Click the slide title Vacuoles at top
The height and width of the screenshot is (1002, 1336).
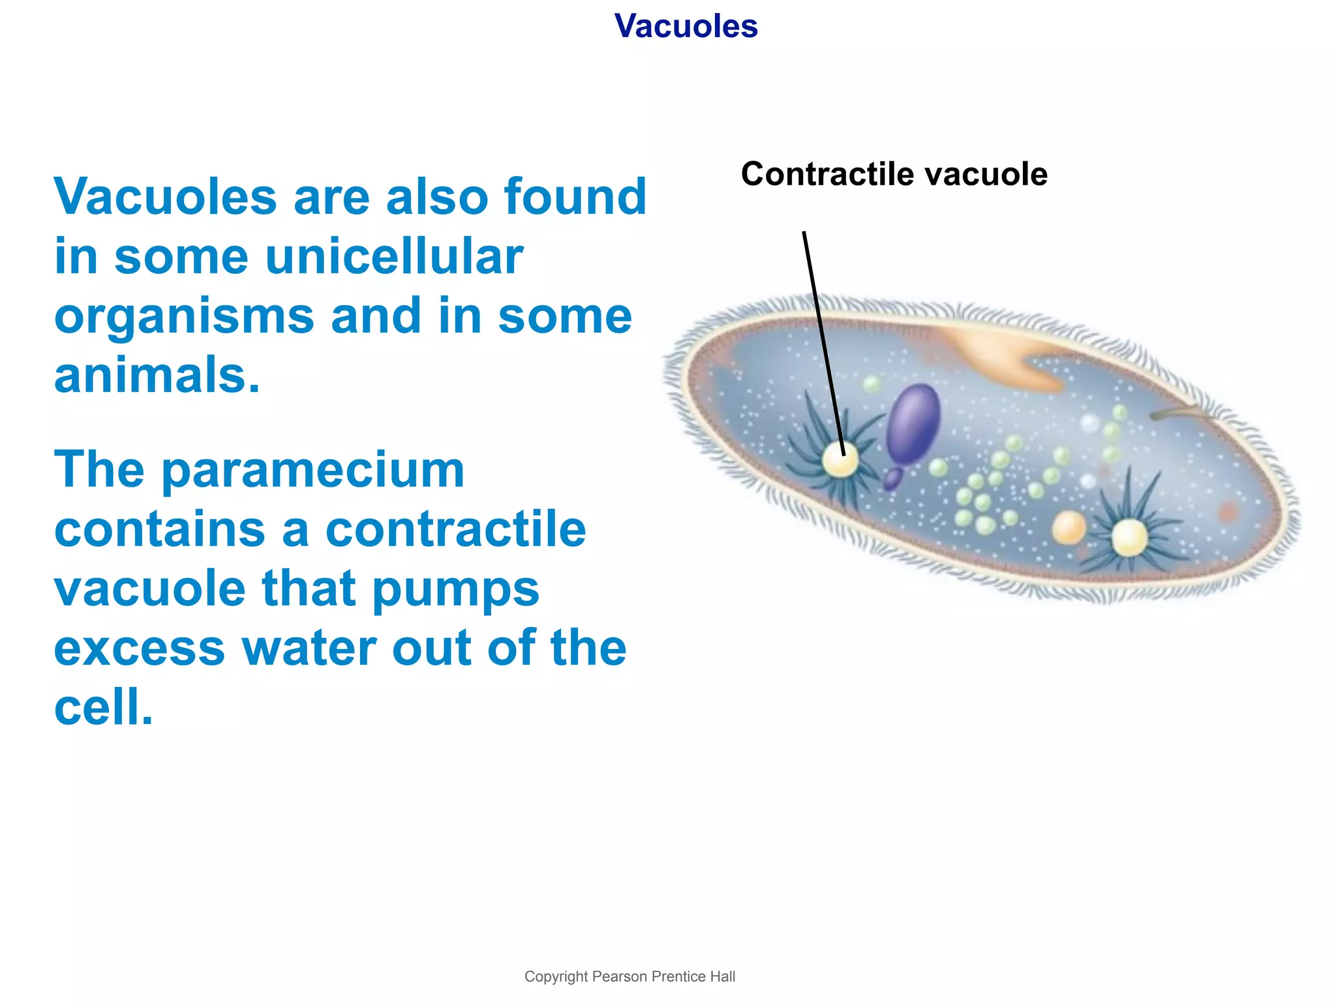pos(686,26)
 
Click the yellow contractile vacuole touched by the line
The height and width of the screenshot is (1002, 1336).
pos(840,461)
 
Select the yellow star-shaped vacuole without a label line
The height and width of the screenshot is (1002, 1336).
pos(1129,538)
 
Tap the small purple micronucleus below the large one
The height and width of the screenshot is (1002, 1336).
pos(892,479)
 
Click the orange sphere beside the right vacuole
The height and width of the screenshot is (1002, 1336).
pos(1069,527)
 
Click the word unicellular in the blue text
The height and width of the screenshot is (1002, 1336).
pos(394,256)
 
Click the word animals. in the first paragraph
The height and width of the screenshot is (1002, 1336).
pos(157,376)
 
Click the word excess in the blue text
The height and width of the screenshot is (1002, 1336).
pos(139,649)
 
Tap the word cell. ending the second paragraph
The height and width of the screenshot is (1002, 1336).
pos(103,708)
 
